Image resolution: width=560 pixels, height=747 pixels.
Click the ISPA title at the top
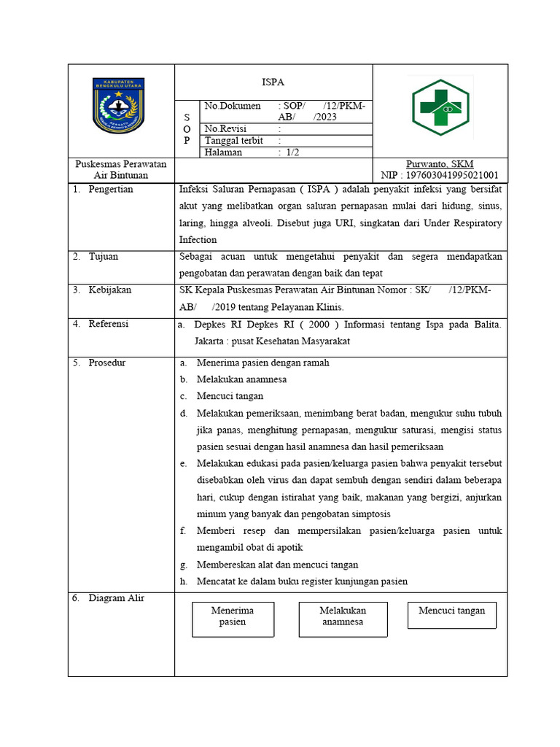[273, 81]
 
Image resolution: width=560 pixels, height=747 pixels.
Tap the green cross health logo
[440, 108]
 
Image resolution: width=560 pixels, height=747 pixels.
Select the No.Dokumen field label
[233, 106]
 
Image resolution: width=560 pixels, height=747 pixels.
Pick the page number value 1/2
[292, 152]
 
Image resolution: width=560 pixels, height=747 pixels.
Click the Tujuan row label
[104, 256]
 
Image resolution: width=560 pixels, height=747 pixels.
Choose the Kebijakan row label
[110, 290]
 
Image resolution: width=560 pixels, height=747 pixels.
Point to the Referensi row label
[109, 323]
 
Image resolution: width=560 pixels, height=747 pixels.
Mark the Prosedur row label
[107, 363]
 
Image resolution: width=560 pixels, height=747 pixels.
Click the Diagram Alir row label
[116, 598]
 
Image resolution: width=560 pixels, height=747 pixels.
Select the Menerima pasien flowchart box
[233, 618]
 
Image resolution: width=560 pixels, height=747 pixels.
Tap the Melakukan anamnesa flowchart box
[343, 616]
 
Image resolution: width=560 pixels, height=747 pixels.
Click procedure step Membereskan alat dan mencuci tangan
[277, 565]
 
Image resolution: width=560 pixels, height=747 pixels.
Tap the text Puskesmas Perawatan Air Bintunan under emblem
[121, 169]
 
